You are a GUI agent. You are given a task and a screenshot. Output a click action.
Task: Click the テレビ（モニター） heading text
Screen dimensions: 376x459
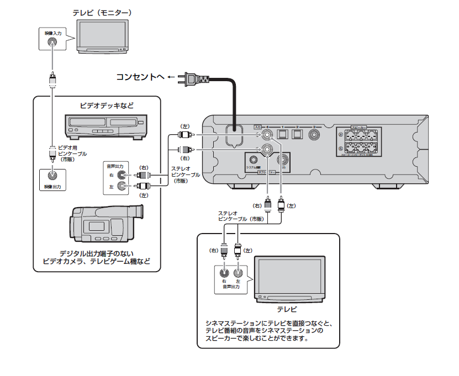click(102, 12)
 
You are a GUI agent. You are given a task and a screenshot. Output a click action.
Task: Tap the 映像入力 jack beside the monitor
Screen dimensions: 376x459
click(52, 42)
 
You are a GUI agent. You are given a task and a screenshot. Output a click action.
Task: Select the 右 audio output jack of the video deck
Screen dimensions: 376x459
click(129, 175)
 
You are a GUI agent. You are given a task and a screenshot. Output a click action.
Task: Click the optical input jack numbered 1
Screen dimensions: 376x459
click(282, 134)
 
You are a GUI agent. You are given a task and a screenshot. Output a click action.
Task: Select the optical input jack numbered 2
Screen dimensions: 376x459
click(298, 134)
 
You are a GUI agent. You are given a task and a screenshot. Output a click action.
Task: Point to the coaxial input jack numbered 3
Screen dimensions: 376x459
click(315, 134)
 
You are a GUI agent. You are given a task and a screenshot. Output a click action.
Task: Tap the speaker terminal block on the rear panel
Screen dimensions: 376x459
click(360, 142)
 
